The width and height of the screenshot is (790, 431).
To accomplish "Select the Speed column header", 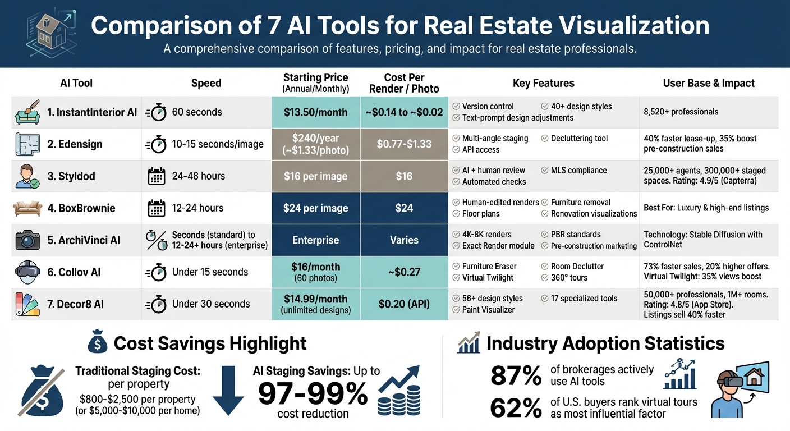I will (x=206, y=83).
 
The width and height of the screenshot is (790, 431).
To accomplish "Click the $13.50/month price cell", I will (x=315, y=112).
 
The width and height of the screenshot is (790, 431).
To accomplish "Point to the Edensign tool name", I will (x=75, y=144).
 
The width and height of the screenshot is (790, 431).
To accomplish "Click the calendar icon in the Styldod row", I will (x=156, y=176).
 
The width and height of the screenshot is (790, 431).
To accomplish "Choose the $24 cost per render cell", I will (x=404, y=208).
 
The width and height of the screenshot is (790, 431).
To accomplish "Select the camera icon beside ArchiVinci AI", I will (x=27, y=240).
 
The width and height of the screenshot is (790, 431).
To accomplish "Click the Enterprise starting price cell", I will (x=315, y=240).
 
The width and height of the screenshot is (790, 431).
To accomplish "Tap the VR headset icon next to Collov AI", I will (x=27, y=272).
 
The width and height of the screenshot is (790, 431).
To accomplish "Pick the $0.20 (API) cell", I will (x=404, y=304).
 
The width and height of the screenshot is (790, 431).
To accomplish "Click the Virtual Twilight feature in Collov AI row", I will (x=489, y=278).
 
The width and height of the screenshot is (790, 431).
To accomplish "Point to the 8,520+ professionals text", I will (x=681, y=112).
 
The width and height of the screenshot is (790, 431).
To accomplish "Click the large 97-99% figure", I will (x=313, y=393).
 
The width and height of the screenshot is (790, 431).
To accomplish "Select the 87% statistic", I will (x=516, y=376).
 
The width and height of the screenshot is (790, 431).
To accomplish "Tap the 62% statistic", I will (x=516, y=408).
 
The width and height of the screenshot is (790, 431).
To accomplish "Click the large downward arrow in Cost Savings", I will (x=228, y=390).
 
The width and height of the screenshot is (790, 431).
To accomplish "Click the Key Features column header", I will (x=543, y=83).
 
